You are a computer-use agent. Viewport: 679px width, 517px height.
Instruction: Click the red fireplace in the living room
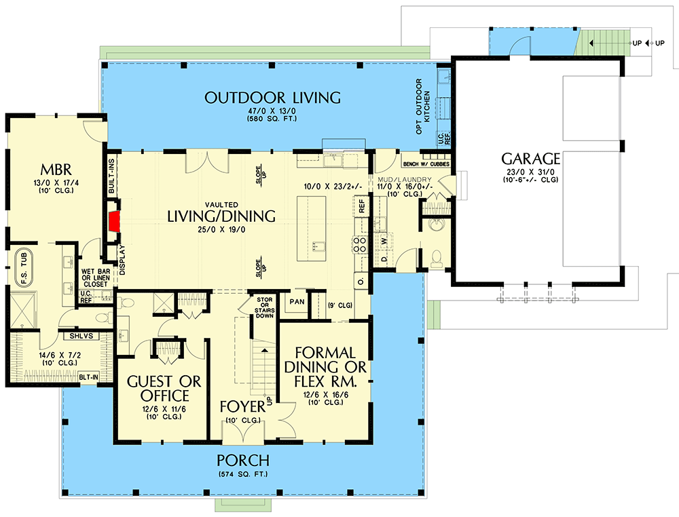pos(114,219)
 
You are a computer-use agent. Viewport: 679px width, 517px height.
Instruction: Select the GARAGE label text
pos(530,159)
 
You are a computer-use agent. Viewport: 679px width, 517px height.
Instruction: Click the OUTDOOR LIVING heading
pos(272,98)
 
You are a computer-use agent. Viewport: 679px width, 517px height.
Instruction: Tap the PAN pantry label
pos(296,301)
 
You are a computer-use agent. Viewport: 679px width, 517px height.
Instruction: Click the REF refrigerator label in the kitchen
pos(361,206)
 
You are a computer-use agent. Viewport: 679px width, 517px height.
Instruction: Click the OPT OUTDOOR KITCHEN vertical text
pos(423,106)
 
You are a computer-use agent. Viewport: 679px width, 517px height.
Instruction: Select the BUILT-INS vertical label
pos(112,176)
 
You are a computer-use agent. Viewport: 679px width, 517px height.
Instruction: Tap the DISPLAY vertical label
pos(123,261)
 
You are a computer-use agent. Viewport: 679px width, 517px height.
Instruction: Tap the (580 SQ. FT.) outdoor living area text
pos(272,119)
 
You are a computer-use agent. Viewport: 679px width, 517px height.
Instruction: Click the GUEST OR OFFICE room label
pos(164,388)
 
